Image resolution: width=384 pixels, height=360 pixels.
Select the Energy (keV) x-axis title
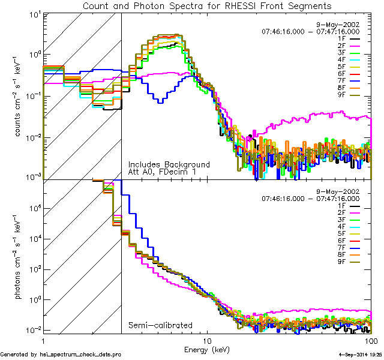(x=206, y=349)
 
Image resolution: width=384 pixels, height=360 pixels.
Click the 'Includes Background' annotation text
(x=169, y=164)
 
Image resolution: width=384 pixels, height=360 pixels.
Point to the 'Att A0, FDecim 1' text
(x=163, y=172)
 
